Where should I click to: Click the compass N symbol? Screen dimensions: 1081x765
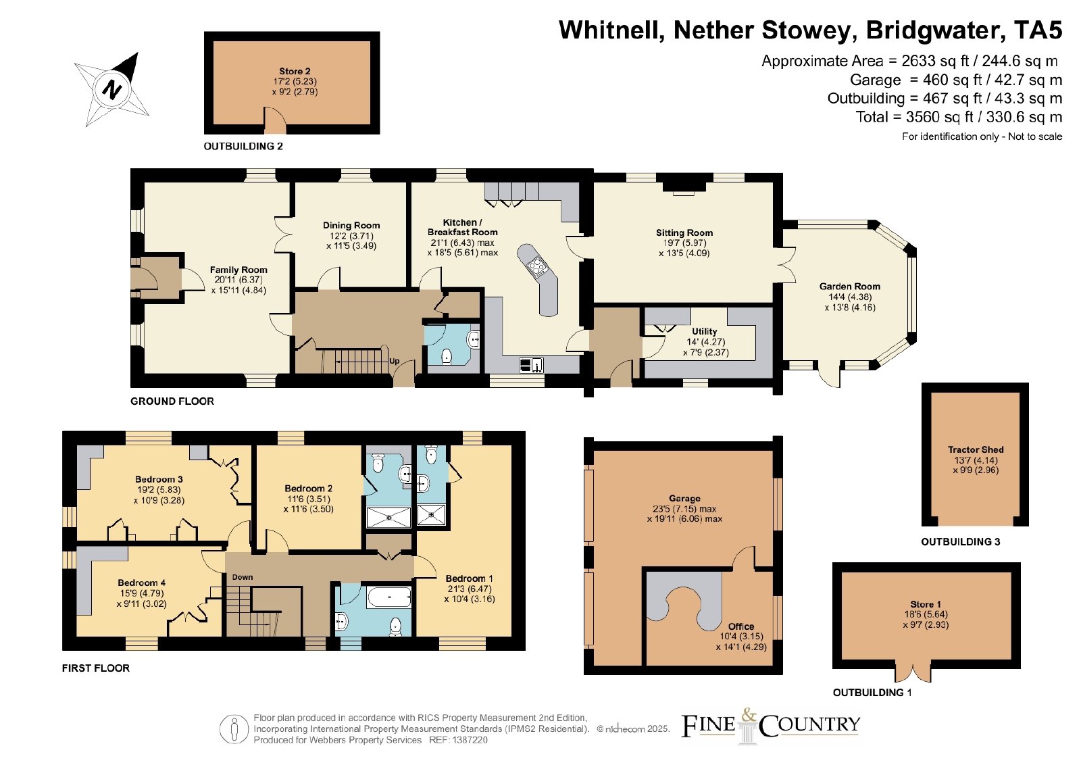pos(111,90)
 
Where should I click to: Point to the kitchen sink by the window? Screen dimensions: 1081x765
pos(531,364)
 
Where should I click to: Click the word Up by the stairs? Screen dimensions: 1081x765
pos(395,361)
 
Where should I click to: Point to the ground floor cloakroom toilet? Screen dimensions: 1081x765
pos(447,357)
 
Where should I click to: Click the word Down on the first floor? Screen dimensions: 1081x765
pos(243,577)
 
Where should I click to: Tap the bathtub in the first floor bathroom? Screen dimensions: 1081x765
pos(389,597)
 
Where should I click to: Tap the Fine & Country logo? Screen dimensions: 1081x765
pos(770,726)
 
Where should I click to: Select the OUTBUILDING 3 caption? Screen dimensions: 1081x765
pos(960,542)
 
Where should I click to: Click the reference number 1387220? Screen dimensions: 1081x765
pos(470,740)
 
